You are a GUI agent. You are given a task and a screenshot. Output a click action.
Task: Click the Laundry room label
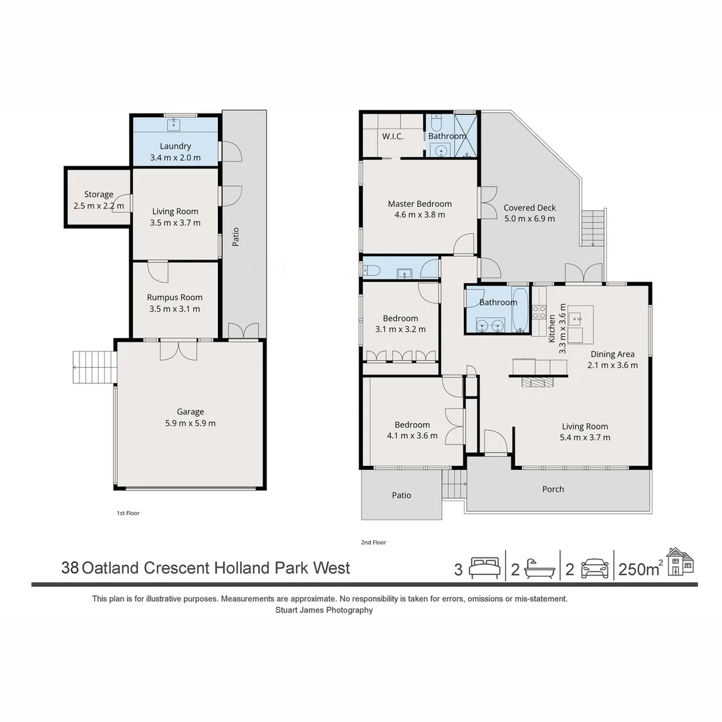coord(175,146)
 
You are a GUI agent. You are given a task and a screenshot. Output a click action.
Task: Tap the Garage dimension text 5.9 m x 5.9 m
coord(190,423)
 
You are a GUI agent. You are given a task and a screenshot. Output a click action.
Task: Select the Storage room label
coord(98,195)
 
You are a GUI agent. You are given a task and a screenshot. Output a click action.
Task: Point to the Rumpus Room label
coord(174,297)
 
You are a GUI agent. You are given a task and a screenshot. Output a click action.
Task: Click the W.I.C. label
coord(393,136)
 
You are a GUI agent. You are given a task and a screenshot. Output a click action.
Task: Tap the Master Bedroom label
coord(419,203)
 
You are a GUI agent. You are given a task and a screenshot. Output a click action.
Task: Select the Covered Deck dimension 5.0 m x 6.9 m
coord(529,219)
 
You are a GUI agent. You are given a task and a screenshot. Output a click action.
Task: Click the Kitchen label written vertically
coord(552,329)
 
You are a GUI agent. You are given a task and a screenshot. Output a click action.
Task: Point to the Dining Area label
coord(612,354)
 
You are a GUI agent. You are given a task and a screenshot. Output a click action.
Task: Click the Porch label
coord(553,489)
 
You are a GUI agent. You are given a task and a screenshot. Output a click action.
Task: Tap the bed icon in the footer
coord(485,568)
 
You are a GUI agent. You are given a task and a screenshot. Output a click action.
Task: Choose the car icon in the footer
coord(594,569)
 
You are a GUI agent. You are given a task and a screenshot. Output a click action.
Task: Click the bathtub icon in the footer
coord(539,569)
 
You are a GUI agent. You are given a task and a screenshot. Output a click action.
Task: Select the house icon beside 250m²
coord(680,562)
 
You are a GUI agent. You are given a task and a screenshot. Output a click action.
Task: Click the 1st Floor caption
coord(128,513)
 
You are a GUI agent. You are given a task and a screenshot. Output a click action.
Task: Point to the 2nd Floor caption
coord(374,542)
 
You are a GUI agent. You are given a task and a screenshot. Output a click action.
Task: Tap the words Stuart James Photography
coord(324,610)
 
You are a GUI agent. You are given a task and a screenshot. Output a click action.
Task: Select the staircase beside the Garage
coord(95,367)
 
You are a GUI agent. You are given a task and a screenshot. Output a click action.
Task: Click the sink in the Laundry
coord(174,124)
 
